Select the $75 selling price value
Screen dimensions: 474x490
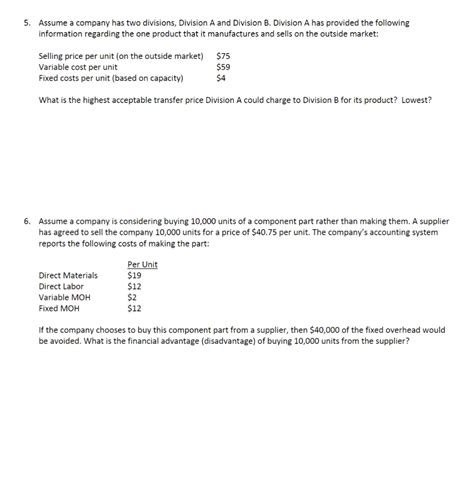coord(224,57)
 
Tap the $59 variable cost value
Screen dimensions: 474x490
coord(224,67)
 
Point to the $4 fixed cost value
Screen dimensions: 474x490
coord(221,77)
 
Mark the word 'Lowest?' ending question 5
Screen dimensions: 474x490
coord(416,99)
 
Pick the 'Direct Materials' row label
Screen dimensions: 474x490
coord(68,275)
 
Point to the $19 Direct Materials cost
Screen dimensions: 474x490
coord(135,275)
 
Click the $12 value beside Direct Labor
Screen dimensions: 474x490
coord(135,285)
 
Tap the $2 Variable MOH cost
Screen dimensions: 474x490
coord(132,296)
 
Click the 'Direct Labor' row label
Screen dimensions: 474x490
coord(61,285)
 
